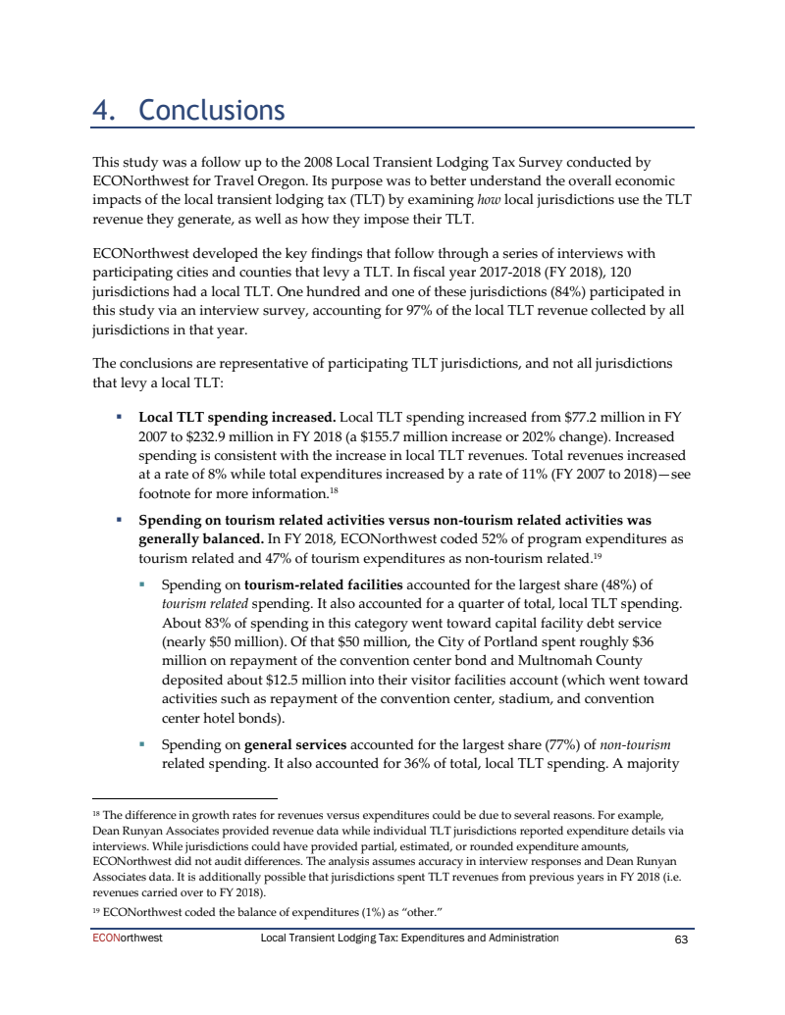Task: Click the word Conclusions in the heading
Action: pos(212,110)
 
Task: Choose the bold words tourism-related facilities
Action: pos(324,585)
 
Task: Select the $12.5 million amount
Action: pos(281,679)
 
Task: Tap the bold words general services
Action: pos(292,744)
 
